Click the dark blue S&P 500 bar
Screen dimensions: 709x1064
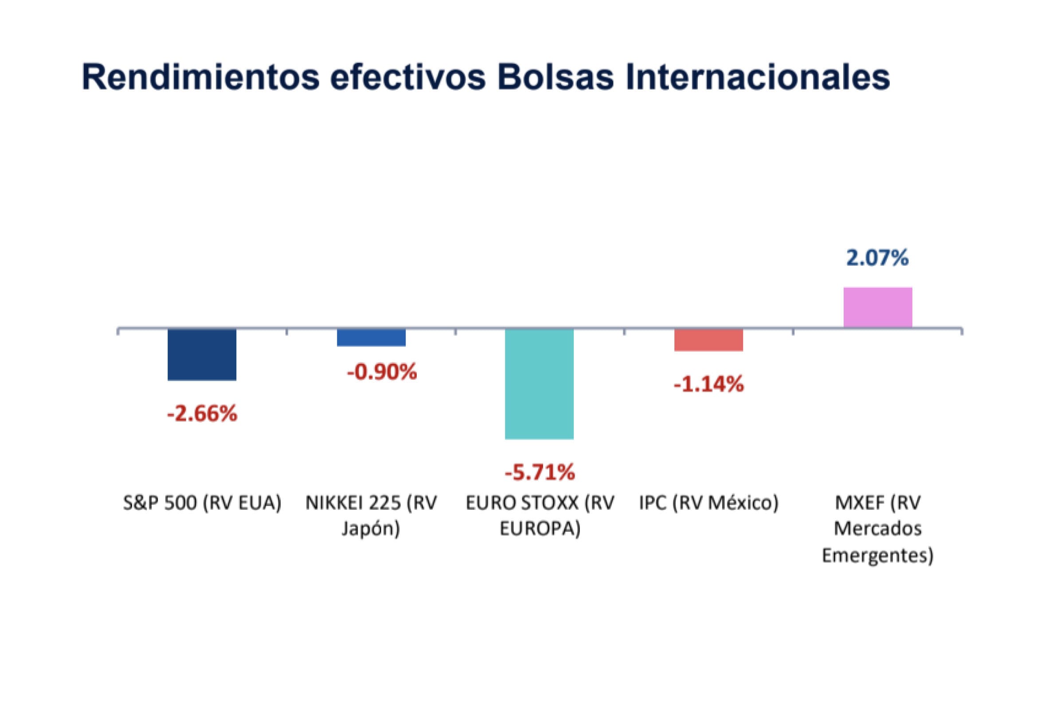pyautogui.click(x=202, y=354)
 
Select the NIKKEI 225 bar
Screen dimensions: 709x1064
pyautogui.click(x=371, y=338)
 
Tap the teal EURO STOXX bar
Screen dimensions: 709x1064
pyautogui.click(x=539, y=383)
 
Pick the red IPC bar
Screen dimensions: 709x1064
pyautogui.click(x=708, y=340)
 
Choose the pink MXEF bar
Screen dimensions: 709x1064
pyautogui.click(x=878, y=307)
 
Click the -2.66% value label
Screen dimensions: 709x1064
pyautogui.click(x=202, y=414)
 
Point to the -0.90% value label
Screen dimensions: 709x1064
pyautogui.click(x=382, y=372)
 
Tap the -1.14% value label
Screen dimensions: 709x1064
pyautogui.click(x=708, y=384)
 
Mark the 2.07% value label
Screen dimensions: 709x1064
pyautogui.click(x=878, y=258)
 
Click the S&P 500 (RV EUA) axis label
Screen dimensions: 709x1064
pyautogui.click(x=202, y=503)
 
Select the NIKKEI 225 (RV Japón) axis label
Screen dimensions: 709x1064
pyautogui.click(x=371, y=515)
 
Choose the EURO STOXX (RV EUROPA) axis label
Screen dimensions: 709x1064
pyautogui.click(x=540, y=515)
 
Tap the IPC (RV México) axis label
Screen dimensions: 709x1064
pyautogui.click(x=708, y=503)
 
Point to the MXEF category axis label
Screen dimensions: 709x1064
pyautogui.click(x=878, y=528)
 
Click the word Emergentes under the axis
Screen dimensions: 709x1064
pyautogui.click(x=878, y=555)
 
